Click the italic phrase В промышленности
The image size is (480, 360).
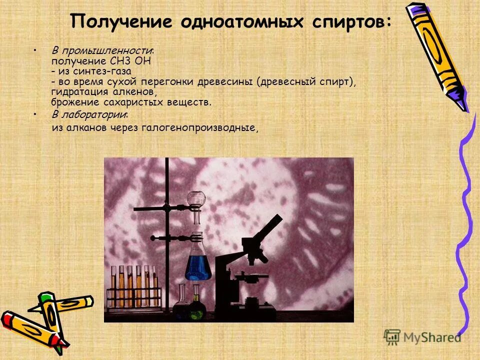[102, 51]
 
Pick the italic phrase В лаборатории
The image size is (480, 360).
[89, 115]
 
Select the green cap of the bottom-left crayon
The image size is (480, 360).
[46, 300]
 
